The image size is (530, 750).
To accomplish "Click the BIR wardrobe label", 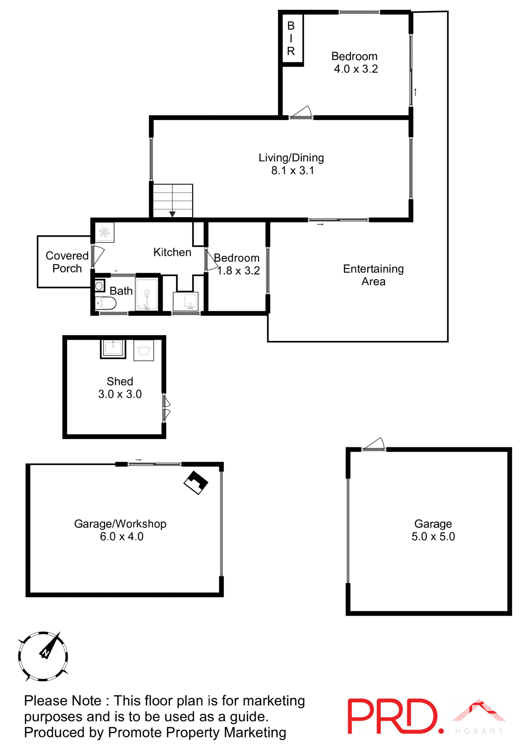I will click(x=291, y=38).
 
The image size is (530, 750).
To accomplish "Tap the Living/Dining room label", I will click(x=291, y=158).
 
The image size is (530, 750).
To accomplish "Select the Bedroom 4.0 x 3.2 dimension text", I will click(x=356, y=69).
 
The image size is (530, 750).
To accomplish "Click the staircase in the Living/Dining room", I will click(x=173, y=200).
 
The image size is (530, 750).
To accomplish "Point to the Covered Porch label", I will click(x=67, y=262).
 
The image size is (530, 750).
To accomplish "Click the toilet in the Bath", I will click(x=106, y=303).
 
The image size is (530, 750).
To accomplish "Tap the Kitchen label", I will click(x=172, y=252).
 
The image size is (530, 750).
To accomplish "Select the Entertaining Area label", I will click(x=373, y=275).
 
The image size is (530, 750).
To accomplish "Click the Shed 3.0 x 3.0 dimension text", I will click(x=120, y=394).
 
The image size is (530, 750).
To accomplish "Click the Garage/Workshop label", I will click(x=120, y=524).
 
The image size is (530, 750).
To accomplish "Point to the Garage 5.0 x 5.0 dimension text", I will click(x=433, y=537).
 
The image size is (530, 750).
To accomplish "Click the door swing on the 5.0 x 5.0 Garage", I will click(x=375, y=444).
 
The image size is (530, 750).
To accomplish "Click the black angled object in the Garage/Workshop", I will click(x=196, y=482).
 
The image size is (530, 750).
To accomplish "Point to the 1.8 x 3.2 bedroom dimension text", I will click(x=238, y=271).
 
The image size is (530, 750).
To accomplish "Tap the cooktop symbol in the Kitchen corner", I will click(x=104, y=232).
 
